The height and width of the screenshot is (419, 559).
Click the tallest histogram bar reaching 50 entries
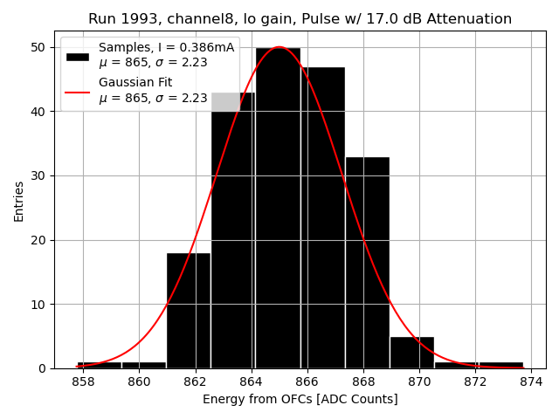[278, 209]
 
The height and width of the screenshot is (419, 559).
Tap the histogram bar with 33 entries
[367, 262]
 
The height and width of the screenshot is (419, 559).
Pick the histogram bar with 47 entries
[322, 218]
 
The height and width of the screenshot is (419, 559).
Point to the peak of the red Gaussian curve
[279, 47]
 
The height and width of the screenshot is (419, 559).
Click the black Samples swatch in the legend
[77, 56]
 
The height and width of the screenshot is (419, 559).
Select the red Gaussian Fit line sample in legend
[77, 91]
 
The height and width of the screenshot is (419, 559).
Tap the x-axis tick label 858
[84, 381]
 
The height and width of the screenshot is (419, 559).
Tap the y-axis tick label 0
[44, 368]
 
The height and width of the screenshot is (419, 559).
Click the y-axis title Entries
[19, 201]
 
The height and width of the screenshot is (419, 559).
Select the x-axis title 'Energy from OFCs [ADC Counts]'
[300, 399]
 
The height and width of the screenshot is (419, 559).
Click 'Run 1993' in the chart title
[119, 19]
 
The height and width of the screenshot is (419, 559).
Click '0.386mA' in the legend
[207, 48]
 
